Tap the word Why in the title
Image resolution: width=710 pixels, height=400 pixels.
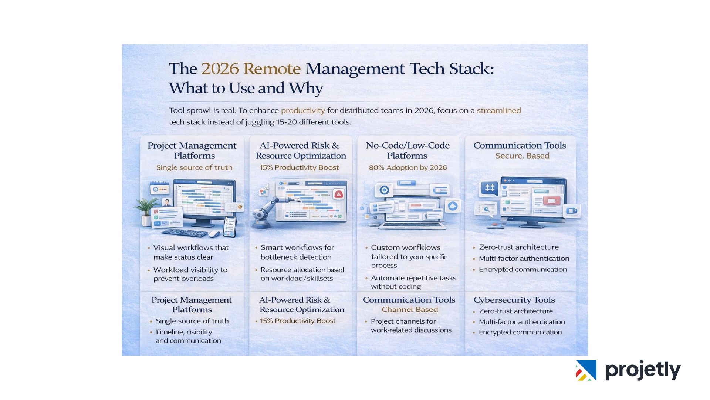(306, 88)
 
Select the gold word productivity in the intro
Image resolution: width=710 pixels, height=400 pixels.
(303, 110)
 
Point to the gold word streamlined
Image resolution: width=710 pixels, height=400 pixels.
(498, 110)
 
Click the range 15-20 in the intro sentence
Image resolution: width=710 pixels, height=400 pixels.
(287, 122)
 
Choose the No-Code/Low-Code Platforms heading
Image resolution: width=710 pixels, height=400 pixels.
(408, 150)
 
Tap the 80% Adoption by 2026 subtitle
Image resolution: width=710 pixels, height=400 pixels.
(408, 167)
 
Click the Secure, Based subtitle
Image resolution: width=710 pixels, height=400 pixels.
(522, 156)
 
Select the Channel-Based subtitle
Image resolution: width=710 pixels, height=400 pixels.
(409, 310)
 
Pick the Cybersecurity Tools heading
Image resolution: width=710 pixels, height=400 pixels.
(514, 300)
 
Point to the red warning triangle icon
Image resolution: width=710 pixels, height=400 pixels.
(339, 194)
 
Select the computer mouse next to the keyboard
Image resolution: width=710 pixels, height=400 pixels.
(214, 234)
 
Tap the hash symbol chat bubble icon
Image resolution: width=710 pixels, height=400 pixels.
(490, 188)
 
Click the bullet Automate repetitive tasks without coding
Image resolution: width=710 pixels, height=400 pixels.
(413, 282)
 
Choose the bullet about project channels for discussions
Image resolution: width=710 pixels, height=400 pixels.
(411, 326)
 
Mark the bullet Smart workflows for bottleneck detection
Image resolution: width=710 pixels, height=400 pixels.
(297, 252)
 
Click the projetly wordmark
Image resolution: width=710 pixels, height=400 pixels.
(643, 370)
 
